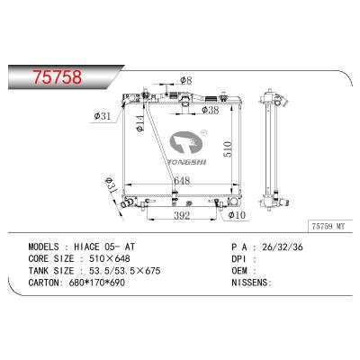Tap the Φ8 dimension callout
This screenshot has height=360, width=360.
186,82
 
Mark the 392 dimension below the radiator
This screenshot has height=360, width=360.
180,217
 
